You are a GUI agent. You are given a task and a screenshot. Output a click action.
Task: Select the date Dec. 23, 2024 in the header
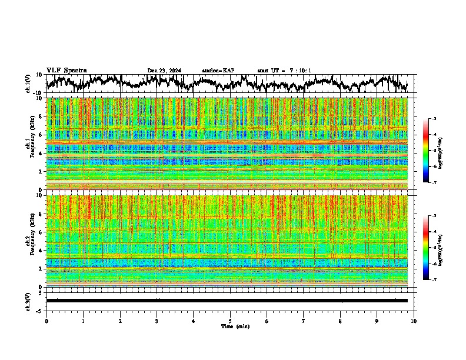[164, 71]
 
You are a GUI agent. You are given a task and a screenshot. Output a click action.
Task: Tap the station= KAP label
[218, 71]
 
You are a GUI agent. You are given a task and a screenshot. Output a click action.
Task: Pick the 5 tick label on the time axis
[230, 321]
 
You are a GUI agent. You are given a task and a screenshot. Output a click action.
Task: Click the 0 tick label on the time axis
[46, 321]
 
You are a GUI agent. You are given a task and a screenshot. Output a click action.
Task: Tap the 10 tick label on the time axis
[414, 321]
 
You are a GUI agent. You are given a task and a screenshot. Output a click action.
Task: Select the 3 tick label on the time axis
[157, 321]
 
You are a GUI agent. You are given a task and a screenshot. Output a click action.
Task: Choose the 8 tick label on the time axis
[340, 321]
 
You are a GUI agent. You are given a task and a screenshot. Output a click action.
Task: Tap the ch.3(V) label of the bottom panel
[28, 301]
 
